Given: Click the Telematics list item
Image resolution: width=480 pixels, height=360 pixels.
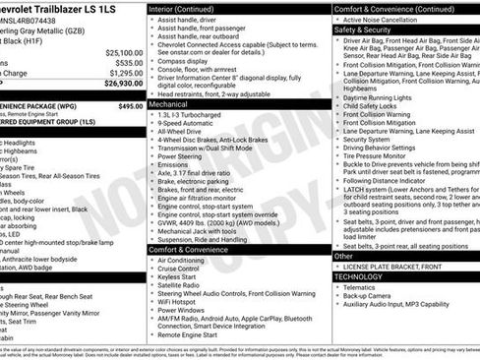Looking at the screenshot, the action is point(363,287).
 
